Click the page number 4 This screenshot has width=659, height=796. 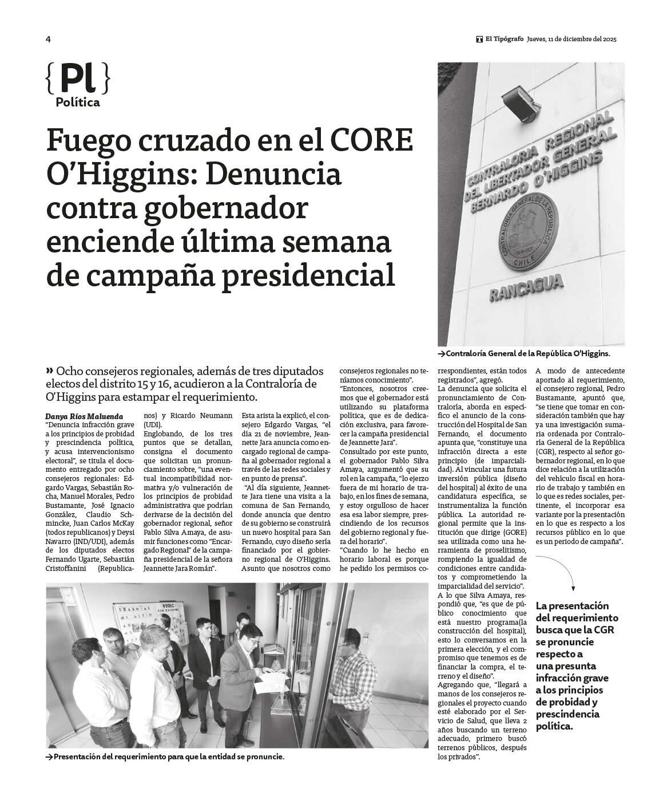tap(49, 39)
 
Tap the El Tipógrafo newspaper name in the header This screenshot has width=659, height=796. tap(503, 39)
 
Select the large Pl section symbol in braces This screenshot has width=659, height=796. tap(77, 78)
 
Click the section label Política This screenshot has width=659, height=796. tap(78, 103)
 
